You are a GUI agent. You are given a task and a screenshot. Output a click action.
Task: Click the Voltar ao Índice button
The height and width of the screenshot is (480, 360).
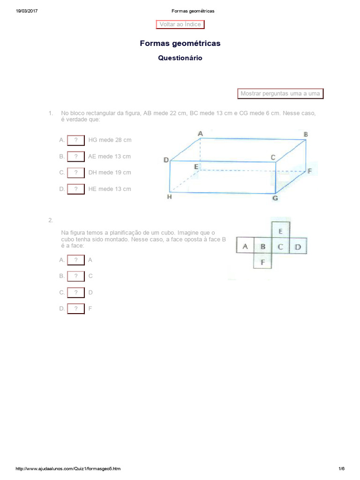[180, 24]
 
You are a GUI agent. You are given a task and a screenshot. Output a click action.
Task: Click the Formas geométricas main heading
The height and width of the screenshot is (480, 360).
[180, 44]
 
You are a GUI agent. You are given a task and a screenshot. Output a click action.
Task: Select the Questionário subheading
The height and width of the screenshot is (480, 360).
[180, 59]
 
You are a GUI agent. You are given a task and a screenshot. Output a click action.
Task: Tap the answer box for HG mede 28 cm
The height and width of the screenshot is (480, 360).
[76, 140]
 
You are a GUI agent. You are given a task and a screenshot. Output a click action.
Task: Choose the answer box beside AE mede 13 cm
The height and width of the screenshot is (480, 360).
[76, 157]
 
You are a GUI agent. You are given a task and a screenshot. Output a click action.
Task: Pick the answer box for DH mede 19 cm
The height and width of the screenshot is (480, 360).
[76, 173]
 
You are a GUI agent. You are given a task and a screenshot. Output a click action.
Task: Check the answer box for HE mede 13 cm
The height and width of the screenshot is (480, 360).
[76, 189]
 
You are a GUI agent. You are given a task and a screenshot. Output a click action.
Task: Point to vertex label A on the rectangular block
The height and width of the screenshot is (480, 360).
[201, 134]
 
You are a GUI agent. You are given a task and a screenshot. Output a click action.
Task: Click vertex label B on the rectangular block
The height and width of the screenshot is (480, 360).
[306, 135]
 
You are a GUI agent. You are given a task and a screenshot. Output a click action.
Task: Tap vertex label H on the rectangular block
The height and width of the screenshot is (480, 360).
[169, 197]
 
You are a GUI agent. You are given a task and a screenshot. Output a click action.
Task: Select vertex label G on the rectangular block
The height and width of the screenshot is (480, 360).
[275, 198]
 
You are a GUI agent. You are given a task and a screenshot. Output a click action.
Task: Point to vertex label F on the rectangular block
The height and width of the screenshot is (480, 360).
[309, 172]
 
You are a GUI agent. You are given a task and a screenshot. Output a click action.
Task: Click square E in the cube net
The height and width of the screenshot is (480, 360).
[280, 231]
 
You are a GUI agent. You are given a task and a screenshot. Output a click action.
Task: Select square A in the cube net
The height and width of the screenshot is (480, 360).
[245, 247]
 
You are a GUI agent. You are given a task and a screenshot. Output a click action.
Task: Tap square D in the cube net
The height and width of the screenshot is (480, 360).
[298, 247]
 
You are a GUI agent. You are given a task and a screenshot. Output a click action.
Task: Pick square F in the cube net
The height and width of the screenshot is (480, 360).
[262, 262]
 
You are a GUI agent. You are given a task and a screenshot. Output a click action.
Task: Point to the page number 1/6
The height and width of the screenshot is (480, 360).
[341, 469]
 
